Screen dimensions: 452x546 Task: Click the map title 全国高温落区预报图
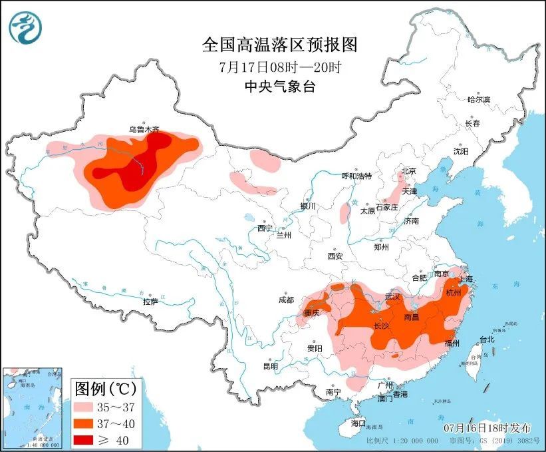coord(279,45)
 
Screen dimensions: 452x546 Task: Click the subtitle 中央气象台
coord(279,87)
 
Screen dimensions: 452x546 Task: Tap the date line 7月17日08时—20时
coord(279,67)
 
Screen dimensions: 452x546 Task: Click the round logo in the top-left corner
coord(25,28)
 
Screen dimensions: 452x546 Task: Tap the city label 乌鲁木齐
coord(144,130)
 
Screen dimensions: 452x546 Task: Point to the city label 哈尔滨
coord(478,99)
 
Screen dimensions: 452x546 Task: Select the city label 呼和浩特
coord(356,176)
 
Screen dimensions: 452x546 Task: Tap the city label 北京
coord(408,171)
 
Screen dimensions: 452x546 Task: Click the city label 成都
coord(286,299)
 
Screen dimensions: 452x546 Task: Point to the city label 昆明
coord(271,365)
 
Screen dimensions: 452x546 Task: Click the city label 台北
coord(487,339)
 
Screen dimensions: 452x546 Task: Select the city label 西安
coord(335,256)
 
